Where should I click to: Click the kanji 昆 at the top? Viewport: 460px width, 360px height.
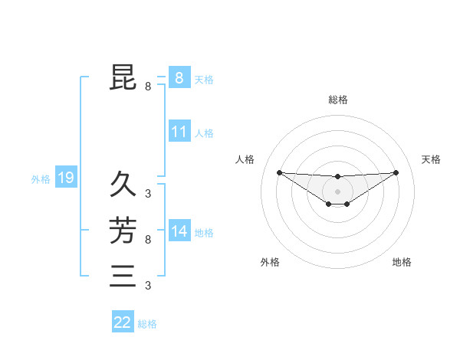[123, 77]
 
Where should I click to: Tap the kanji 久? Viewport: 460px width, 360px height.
[123, 185]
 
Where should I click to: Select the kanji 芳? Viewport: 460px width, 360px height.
[123, 231]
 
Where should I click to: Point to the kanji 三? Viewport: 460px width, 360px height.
[123, 276]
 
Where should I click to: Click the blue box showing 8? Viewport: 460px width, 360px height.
[179, 77]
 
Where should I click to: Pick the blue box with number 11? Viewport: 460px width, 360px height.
[179, 132]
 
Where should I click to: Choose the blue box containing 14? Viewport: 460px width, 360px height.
[179, 231]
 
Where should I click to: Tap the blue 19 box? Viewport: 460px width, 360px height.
[66, 178]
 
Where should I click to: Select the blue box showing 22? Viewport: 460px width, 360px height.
[123, 322]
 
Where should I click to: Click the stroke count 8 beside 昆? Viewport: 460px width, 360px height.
[148, 87]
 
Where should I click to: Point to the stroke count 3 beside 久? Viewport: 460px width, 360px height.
[148, 194]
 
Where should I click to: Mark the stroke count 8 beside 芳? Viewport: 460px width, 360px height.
[148, 240]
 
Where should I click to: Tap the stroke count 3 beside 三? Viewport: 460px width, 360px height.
[148, 286]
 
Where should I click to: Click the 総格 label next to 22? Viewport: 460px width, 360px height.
[147, 324]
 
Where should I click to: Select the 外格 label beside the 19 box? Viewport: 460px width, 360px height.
[41, 179]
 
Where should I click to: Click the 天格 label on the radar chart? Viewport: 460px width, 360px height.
[432, 159]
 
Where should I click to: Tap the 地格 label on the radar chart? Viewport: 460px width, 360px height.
[402, 262]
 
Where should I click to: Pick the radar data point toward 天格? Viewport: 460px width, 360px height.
[396, 172]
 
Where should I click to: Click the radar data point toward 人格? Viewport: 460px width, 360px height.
[279, 172]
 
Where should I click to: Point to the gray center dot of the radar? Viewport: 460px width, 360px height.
[337, 191]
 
